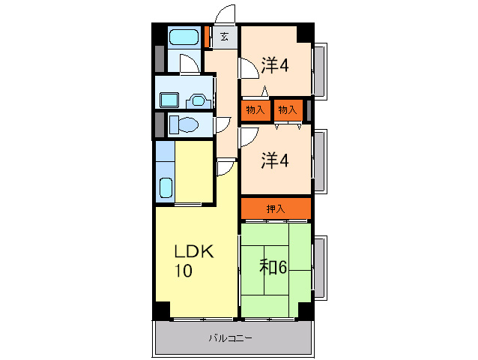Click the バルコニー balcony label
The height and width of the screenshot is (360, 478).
[231, 338]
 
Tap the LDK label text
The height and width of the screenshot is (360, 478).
[194, 252]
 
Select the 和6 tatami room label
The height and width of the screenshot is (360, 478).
[273, 267]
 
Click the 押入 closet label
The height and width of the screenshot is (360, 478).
[276, 209]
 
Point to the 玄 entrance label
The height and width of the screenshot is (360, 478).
[225, 37]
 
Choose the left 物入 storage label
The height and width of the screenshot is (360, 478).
[255, 109]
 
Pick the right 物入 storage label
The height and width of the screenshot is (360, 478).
[288, 109]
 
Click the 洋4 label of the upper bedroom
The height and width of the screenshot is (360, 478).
[275, 65]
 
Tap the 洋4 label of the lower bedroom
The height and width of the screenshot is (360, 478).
[275, 160]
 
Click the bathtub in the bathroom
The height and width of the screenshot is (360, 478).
[184, 37]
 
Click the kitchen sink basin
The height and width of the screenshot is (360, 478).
[166, 187]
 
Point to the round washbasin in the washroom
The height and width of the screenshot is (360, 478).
[198, 100]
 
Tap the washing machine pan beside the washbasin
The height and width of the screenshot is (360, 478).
[169, 100]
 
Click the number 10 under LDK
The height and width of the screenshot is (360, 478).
[184, 270]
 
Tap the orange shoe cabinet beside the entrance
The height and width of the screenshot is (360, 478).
[207, 37]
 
